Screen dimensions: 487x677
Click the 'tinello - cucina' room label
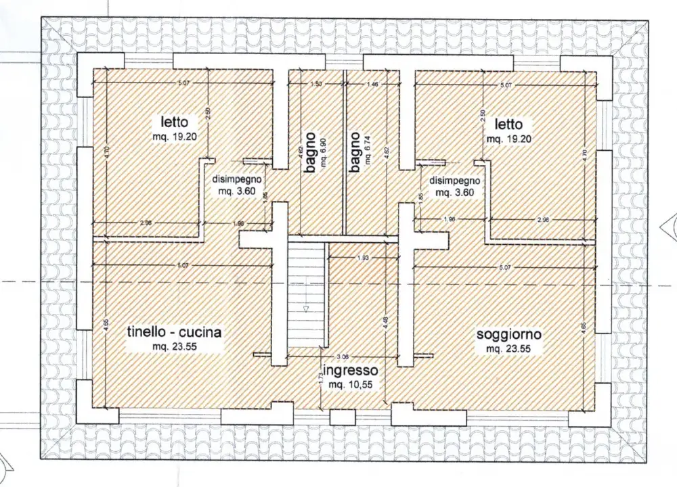point(175,332)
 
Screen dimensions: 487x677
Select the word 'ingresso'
point(350,371)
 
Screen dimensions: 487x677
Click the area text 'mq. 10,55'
point(351,384)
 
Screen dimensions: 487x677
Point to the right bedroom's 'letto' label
point(508,124)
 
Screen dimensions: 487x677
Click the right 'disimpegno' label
point(454,181)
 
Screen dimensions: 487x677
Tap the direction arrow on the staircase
point(306,309)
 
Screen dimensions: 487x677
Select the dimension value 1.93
point(362,258)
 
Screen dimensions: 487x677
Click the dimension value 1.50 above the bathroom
point(315,83)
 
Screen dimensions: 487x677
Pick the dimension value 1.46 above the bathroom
point(372,83)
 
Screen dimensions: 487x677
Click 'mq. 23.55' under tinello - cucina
point(175,346)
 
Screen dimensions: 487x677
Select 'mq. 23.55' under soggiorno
point(508,349)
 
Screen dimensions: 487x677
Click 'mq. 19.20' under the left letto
point(175,135)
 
